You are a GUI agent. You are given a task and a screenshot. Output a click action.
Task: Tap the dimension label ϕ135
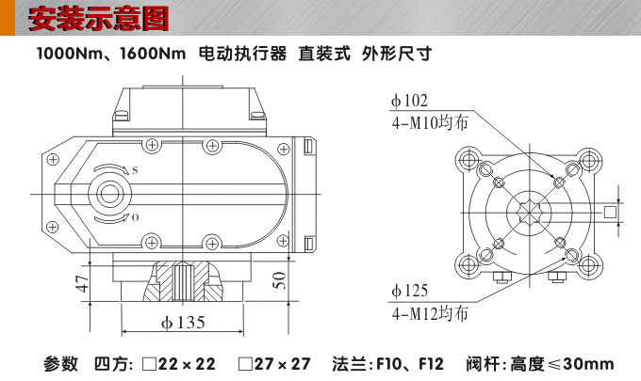(x=183, y=323)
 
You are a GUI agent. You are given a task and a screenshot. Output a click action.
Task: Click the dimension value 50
(x=278, y=280)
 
